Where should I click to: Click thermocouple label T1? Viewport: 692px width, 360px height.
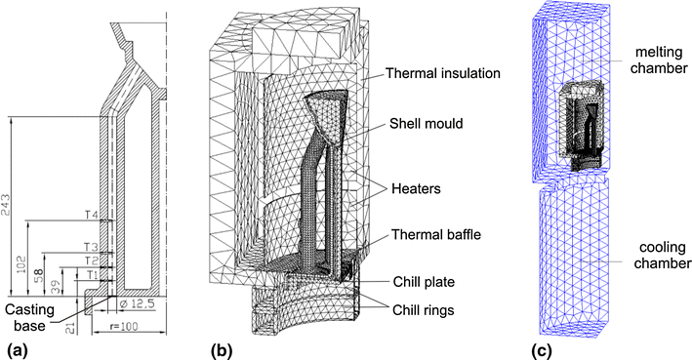(x=92, y=275)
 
